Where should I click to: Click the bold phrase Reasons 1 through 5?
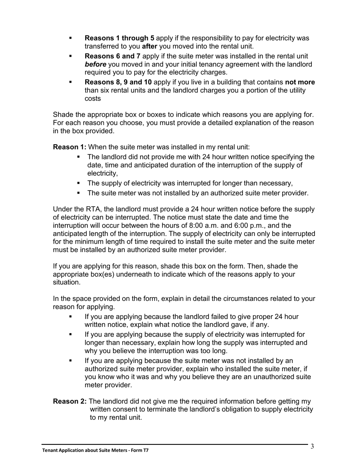pyautogui.click(x=119, y=38)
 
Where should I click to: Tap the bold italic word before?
pyautogui.click(x=95, y=64)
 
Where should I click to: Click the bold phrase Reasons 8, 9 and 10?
pyautogui.click(x=119, y=82)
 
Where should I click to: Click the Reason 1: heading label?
pyautogui.click(x=69, y=147)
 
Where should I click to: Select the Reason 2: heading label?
pyautogui.click(x=69, y=401)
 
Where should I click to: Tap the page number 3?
pyautogui.click(x=312, y=446)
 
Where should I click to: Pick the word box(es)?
pyautogui.click(x=100, y=274)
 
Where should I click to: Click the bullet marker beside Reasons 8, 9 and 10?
pyautogui.click(x=70, y=82)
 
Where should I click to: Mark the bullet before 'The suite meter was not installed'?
pyautogui.click(x=79, y=193)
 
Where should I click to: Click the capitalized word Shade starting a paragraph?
pyautogui.click(x=63, y=114)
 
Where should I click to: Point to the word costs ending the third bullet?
pyautogui.click(x=93, y=99)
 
